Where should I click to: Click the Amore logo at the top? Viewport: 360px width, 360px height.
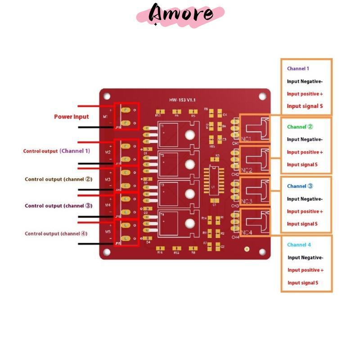click(x=181, y=13)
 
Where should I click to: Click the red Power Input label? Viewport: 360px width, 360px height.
click(x=72, y=117)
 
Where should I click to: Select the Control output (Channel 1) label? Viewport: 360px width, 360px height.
click(x=57, y=151)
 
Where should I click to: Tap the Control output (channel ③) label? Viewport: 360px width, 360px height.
click(x=58, y=206)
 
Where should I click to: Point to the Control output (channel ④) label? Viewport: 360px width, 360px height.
click(x=56, y=234)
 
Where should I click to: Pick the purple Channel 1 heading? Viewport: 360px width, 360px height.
click(x=298, y=69)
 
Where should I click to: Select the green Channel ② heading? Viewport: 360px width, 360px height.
click(x=300, y=127)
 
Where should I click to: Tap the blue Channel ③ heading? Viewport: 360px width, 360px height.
click(x=300, y=186)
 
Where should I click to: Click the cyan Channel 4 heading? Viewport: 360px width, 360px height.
click(x=299, y=245)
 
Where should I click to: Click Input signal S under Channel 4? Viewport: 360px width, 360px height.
click(x=303, y=283)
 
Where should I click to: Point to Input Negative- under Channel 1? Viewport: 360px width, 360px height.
click(x=305, y=81)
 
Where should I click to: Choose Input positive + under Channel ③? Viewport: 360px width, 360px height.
click(x=305, y=211)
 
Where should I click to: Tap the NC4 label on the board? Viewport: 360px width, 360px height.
click(x=247, y=233)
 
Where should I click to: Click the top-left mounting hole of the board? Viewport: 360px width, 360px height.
click(x=107, y=96)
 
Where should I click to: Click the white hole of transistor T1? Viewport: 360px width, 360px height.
click(x=190, y=134)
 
